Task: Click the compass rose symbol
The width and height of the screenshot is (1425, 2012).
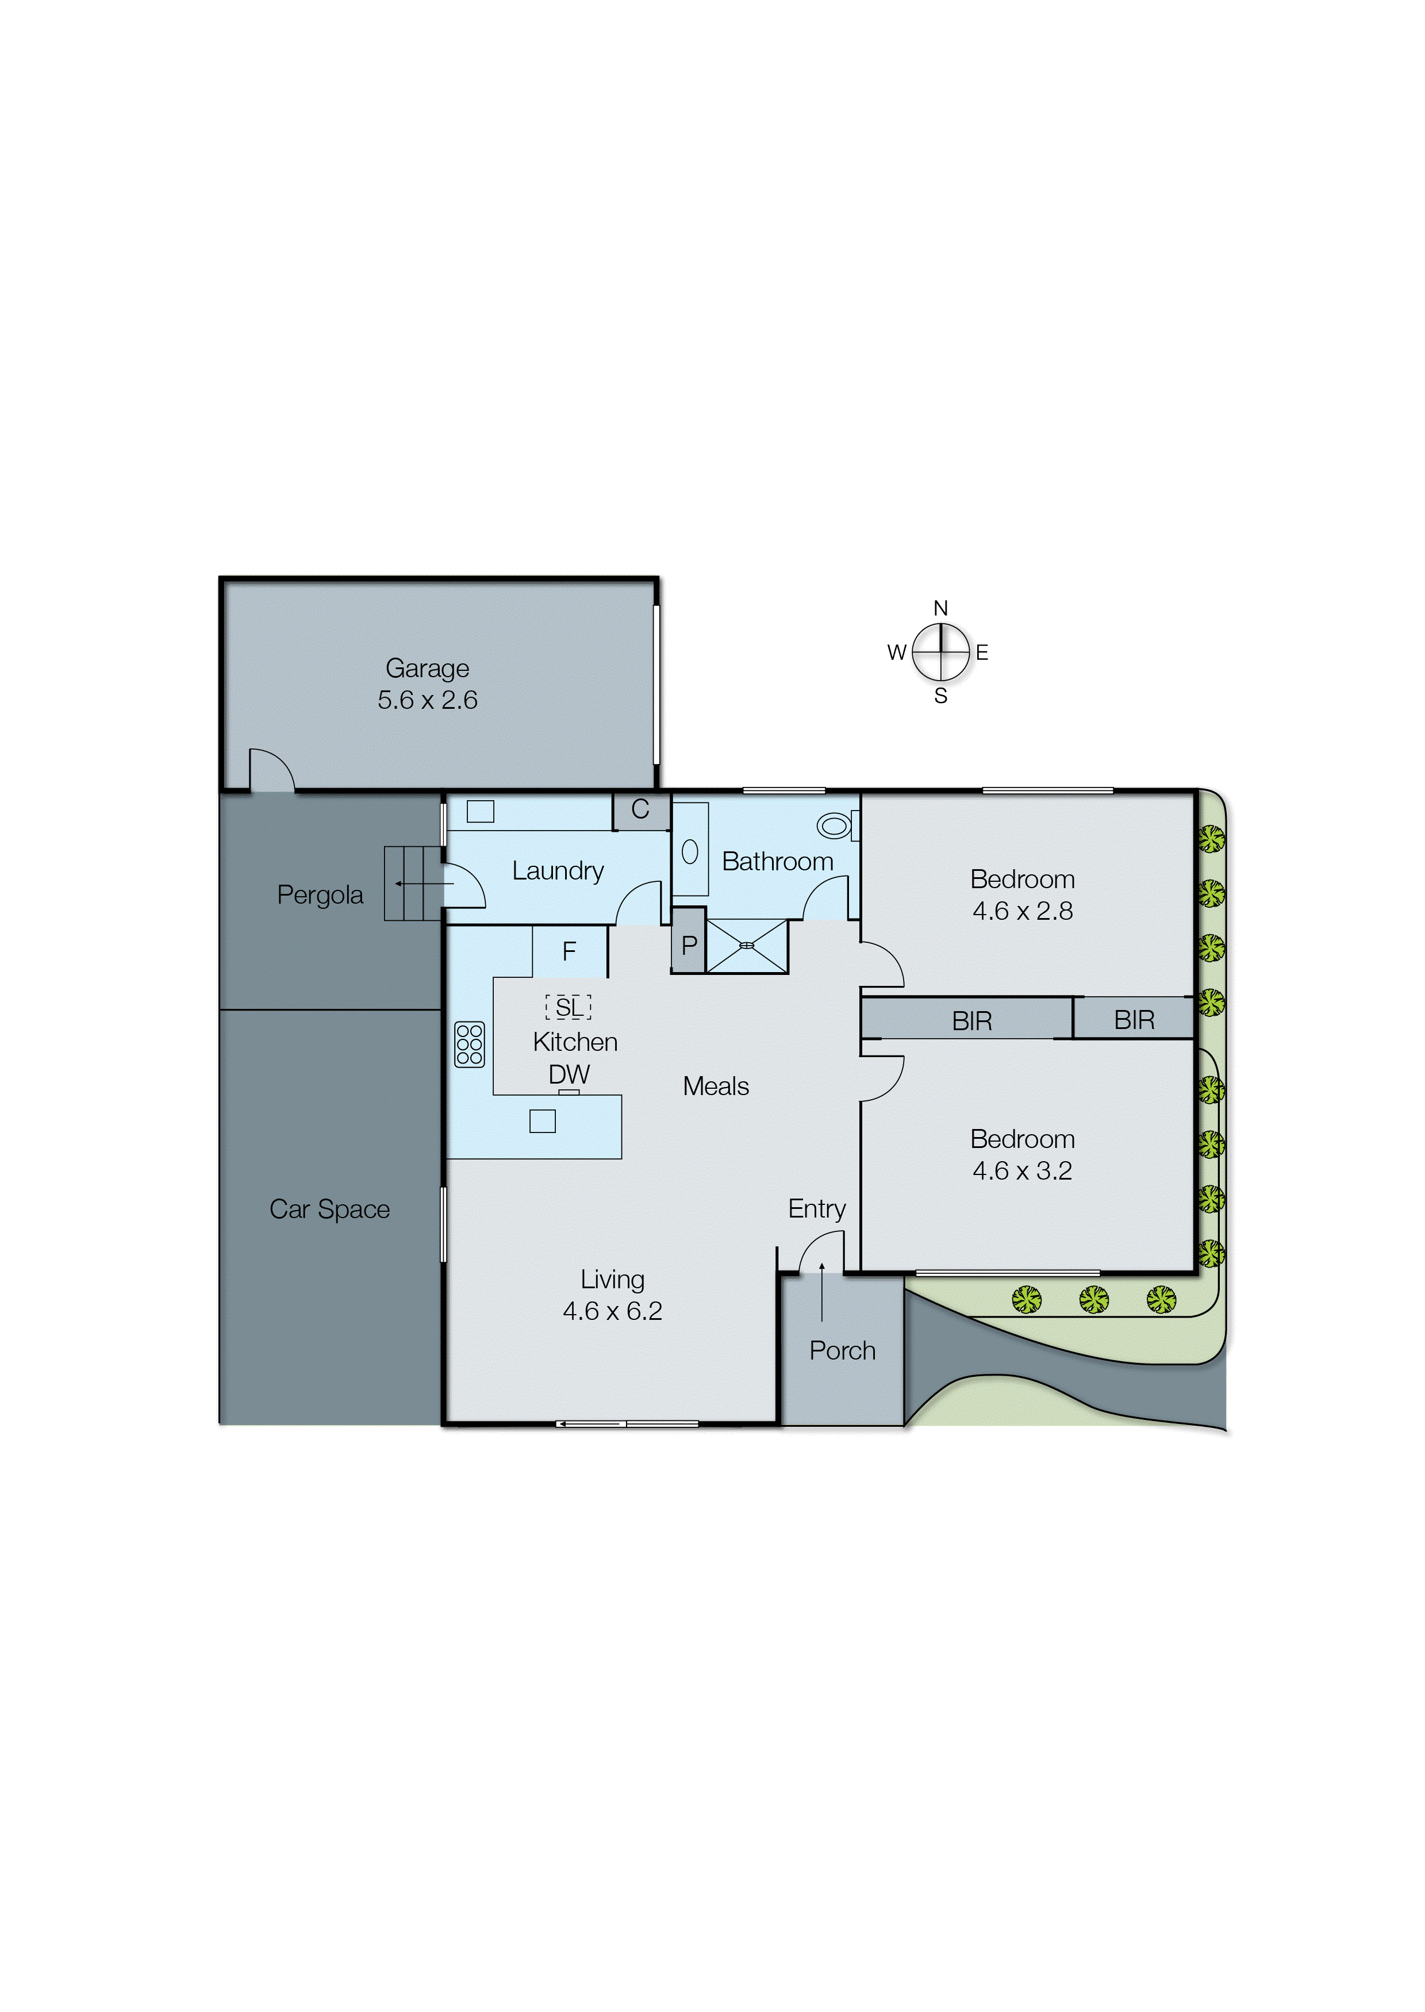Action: pos(940,652)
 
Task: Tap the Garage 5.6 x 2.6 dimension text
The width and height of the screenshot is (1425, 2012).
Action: pos(427,700)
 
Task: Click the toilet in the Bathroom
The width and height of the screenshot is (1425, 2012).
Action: pos(835,825)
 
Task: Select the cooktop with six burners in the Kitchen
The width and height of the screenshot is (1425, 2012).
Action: pos(470,1044)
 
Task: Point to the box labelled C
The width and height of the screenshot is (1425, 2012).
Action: pos(640,810)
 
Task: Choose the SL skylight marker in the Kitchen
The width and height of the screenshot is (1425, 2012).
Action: pos(569,1007)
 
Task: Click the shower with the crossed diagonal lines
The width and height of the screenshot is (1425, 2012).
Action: pos(747,945)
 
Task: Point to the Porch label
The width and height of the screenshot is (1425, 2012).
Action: pos(842,1350)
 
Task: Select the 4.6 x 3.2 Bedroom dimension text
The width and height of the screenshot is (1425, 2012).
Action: pos(1022,1170)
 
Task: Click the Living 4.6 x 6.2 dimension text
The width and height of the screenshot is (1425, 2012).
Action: pos(612,1311)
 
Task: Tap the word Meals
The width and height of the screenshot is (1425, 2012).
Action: pos(716,1086)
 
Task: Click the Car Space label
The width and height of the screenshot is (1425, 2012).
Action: pos(330,1209)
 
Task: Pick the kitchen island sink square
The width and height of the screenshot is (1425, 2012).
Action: pos(542,1122)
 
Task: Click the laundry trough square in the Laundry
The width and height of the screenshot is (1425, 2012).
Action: pos(480,812)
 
